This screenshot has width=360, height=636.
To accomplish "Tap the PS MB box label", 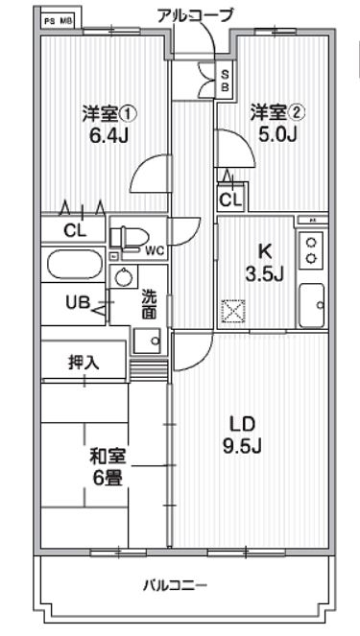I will pyautogui.click(x=60, y=18).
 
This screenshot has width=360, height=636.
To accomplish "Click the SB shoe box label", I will pyautogui.click(x=225, y=80).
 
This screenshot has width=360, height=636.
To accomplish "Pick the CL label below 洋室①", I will pyautogui.click(x=74, y=230).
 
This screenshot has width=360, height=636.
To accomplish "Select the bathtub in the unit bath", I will pyautogui.click(x=74, y=264).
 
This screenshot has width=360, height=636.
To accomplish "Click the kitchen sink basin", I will pyautogui.click(x=313, y=305).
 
